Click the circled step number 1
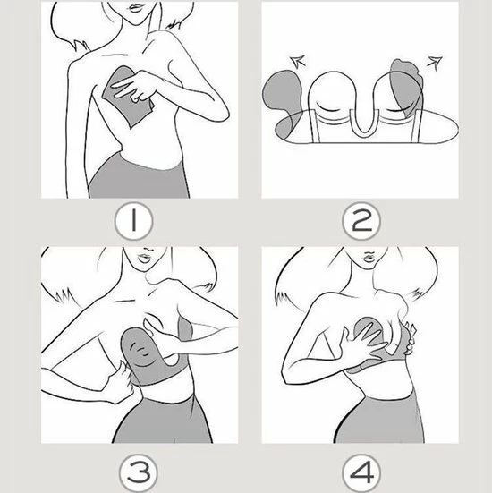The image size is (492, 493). point(134,221)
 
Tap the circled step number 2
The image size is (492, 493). point(361,221)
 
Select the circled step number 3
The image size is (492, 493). point(139,473)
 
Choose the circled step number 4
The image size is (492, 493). point(361,473)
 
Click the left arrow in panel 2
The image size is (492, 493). point(297,61)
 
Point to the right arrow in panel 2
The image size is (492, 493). point(435,63)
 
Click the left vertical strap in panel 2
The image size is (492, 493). point(315,126)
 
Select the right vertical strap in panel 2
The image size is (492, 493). point(416,126)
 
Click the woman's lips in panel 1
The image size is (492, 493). point(137,8)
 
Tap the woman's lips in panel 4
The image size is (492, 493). point(369,258)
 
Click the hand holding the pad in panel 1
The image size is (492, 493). point(133,87)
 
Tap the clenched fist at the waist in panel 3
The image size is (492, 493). point(121,382)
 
